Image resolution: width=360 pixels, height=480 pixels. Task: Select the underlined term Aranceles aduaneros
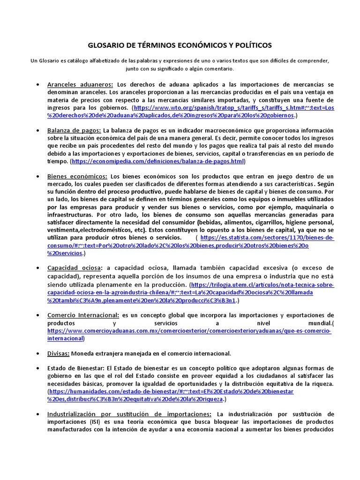tap(80, 84)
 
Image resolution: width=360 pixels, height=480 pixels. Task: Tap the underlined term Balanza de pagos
tap(74, 130)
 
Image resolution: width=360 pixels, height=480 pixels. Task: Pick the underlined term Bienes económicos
tap(77, 176)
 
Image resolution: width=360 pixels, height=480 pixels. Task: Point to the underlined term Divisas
tap(59, 353)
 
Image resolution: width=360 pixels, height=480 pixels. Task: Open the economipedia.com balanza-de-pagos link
tap(157, 161)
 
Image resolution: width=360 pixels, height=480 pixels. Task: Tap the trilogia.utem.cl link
tap(262, 285)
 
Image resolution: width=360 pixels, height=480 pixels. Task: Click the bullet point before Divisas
tap(37, 353)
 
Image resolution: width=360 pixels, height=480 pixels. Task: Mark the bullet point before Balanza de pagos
tap(37, 130)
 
